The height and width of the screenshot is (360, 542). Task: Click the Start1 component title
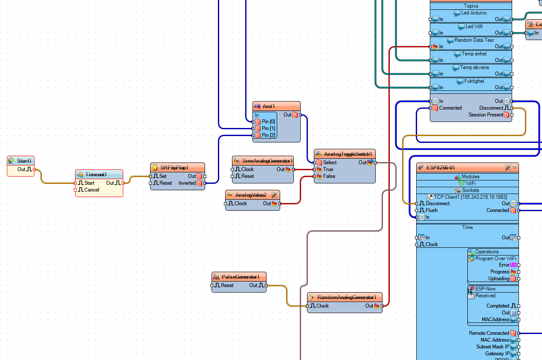coord(24,161)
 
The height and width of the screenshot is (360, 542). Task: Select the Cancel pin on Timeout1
coord(91,190)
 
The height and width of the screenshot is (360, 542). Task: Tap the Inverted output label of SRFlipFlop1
coord(187,183)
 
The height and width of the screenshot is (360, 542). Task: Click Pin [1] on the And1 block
coord(268,128)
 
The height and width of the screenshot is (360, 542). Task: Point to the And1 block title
coord(269,106)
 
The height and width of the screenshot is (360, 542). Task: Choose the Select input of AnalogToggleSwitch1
coord(330,163)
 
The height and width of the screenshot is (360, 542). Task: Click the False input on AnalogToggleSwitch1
coord(329,176)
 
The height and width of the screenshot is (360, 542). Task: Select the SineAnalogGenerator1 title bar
coord(267,161)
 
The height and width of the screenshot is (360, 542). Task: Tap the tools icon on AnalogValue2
coord(274,195)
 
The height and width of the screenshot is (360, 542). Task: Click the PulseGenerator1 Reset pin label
coord(227,285)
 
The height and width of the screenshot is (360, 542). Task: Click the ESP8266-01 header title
coord(441,168)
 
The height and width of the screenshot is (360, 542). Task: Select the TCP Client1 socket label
coord(470,197)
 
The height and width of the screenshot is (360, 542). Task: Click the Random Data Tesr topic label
coord(474,40)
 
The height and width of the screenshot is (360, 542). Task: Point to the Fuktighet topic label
coord(474,81)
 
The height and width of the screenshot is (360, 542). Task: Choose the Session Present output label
coord(486,115)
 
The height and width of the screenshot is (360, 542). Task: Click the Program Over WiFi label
coord(496,258)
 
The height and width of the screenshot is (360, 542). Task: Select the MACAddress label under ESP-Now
coord(496,319)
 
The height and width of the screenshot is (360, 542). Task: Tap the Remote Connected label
coord(489,333)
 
